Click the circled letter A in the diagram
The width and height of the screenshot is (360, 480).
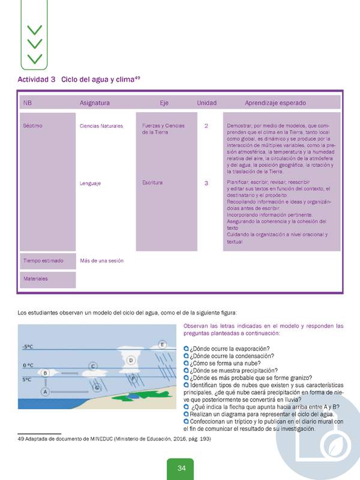(x=44, y=391)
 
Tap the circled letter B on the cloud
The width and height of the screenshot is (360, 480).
(x=45, y=373)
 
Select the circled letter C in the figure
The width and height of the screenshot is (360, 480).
(x=93, y=365)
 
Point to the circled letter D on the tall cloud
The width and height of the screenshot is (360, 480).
(x=132, y=359)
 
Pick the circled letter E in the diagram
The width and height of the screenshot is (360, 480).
(x=162, y=344)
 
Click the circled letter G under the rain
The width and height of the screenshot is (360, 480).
(x=97, y=388)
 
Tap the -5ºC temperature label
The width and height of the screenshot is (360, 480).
(x=28, y=347)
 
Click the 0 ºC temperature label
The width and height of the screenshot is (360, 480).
(x=28, y=365)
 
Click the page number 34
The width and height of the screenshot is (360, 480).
(x=180, y=468)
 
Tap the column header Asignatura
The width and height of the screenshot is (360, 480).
(x=95, y=103)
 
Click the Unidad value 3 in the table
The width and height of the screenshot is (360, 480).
(x=206, y=183)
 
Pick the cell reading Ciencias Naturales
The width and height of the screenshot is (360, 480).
(x=101, y=127)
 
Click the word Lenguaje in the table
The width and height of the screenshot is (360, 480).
(x=90, y=183)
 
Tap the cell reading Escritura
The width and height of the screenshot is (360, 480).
(x=152, y=182)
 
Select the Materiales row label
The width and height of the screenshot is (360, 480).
(x=35, y=279)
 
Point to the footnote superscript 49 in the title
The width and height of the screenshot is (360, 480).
(x=137, y=77)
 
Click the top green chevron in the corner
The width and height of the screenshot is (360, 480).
(x=35, y=29)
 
